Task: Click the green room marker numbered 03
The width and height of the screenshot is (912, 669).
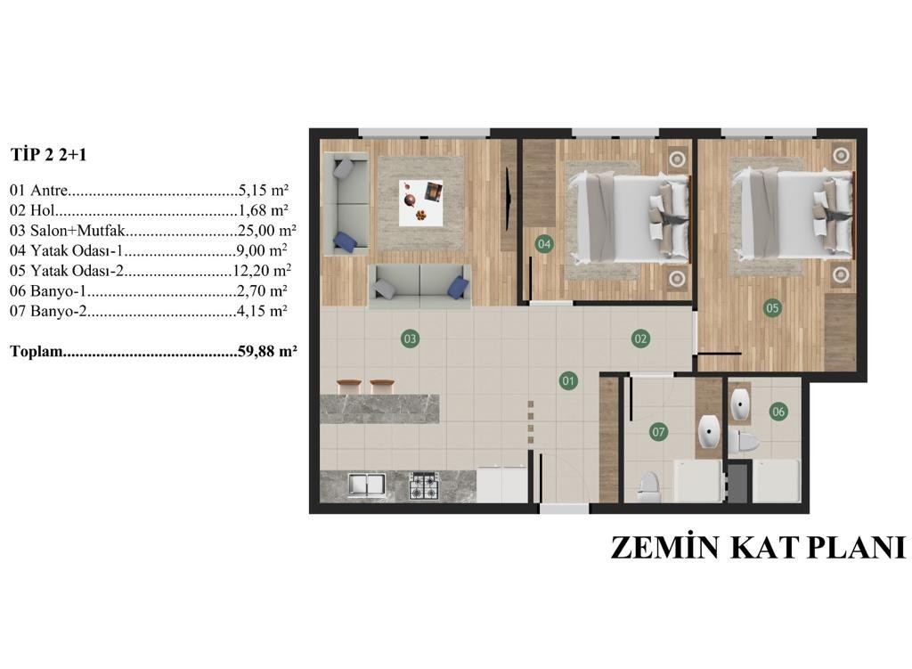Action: click(x=410, y=339)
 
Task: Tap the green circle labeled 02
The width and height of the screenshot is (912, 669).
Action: click(x=640, y=339)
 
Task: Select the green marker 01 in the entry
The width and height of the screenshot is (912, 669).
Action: click(x=568, y=381)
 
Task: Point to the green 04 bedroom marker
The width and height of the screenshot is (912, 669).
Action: click(x=544, y=244)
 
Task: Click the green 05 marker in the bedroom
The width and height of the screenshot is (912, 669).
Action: click(x=772, y=307)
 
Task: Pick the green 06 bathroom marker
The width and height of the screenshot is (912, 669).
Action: click(x=778, y=412)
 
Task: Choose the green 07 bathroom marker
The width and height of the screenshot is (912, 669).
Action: click(x=658, y=432)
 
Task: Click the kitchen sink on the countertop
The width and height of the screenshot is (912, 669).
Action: click(x=366, y=485)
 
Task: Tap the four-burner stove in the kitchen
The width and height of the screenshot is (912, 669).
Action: click(x=423, y=486)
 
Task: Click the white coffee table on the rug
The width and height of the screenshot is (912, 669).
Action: click(x=420, y=202)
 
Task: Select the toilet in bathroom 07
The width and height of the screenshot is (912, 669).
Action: click(x=648, y=485)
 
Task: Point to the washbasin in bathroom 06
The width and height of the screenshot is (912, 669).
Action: click(x=740, y=404)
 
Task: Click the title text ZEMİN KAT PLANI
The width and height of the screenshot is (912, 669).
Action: click(x=759, y=548)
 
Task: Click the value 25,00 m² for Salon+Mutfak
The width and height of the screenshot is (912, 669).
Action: click(x=267, y=231)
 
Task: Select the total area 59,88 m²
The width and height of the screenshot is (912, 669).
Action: click(x=267, y=351)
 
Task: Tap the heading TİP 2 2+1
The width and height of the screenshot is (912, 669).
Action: click(x=48, y=155)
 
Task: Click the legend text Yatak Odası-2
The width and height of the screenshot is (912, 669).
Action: click(x=77, y=271)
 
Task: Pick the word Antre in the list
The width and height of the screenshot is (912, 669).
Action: click(x=49, y=191)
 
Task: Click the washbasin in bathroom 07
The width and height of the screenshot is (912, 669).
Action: click(x=708, y=431)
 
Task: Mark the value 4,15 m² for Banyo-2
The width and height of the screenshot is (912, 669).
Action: click(x=262, y=311)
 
